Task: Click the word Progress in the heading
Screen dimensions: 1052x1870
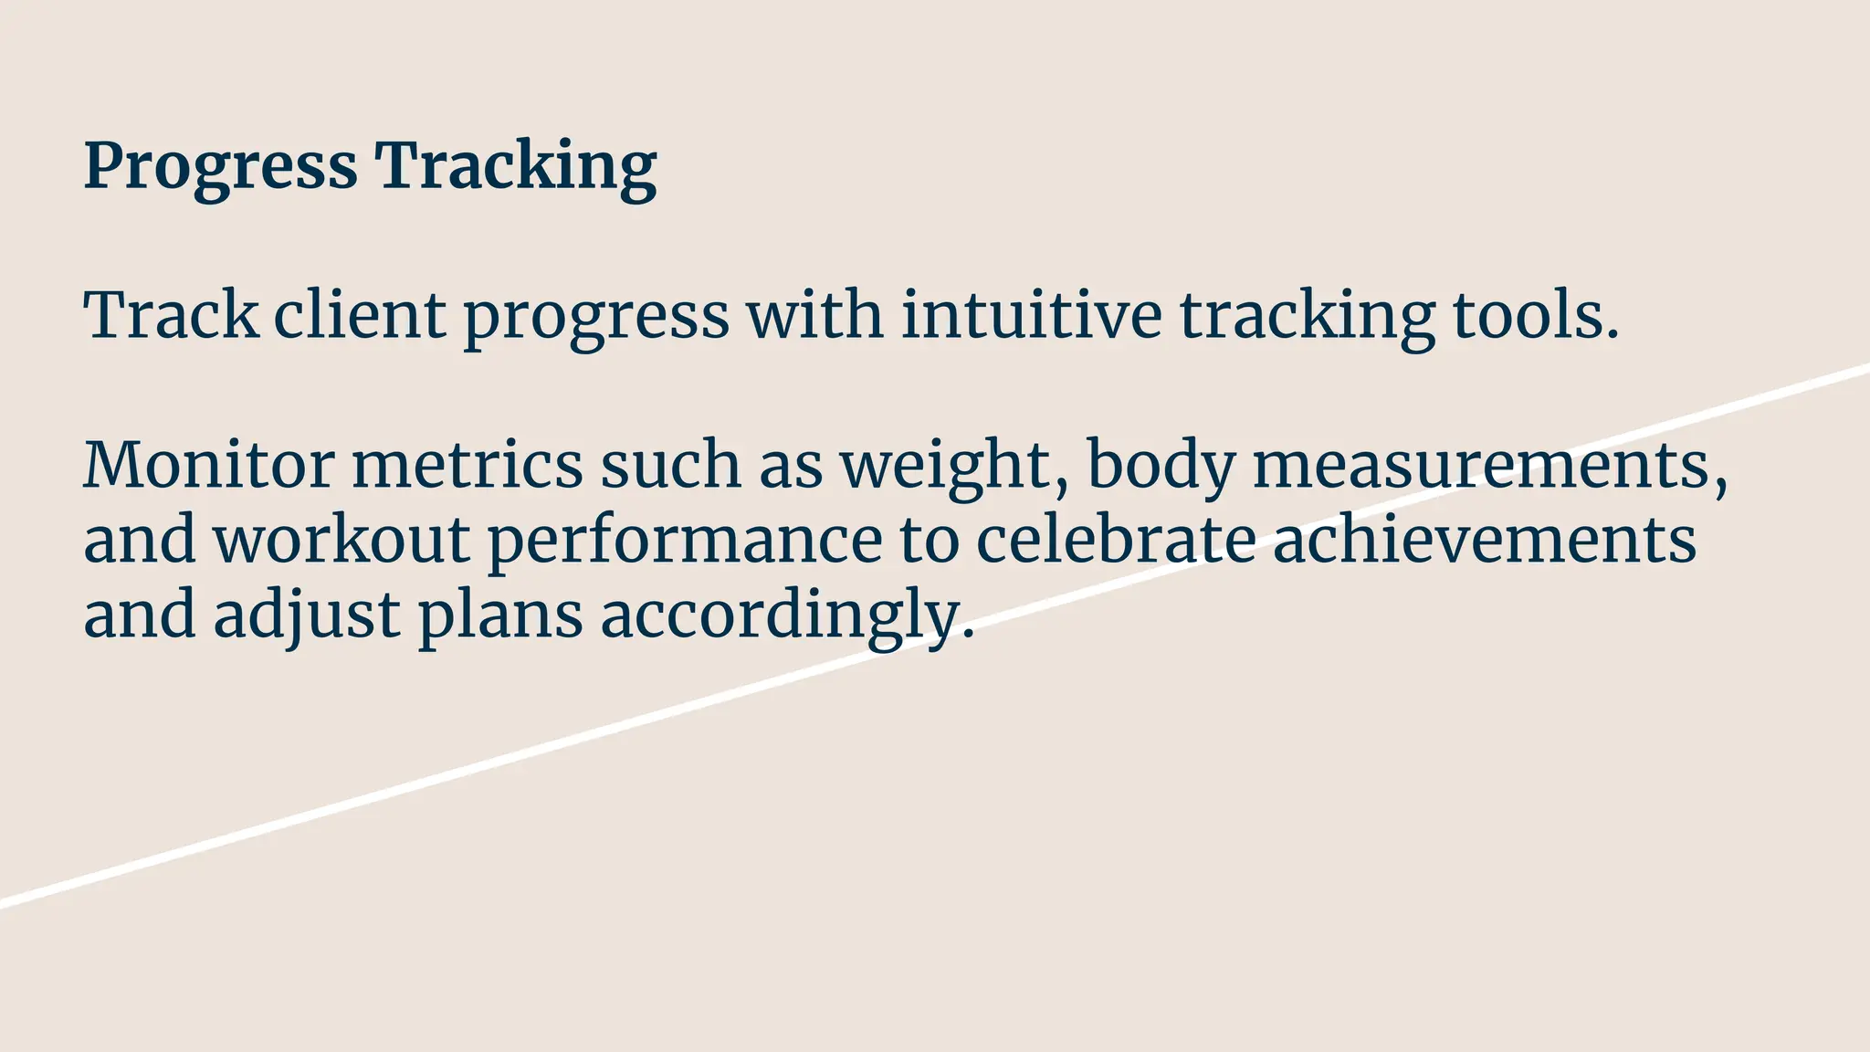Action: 220,166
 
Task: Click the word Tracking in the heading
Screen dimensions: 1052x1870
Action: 516,166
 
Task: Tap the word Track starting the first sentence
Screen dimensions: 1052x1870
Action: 171,316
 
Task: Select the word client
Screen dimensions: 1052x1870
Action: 360,316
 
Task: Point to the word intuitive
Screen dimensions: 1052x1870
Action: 1031,316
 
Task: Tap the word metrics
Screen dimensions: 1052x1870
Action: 467,466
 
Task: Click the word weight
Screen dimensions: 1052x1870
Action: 953,466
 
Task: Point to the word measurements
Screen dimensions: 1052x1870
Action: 1489,466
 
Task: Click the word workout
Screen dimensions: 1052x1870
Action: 341,541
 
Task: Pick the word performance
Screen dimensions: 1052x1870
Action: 685,541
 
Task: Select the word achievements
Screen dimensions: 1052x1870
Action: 1484,541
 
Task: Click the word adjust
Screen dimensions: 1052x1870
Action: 307,615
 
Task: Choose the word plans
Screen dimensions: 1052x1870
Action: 500,615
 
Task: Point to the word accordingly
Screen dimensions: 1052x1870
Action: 787,615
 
